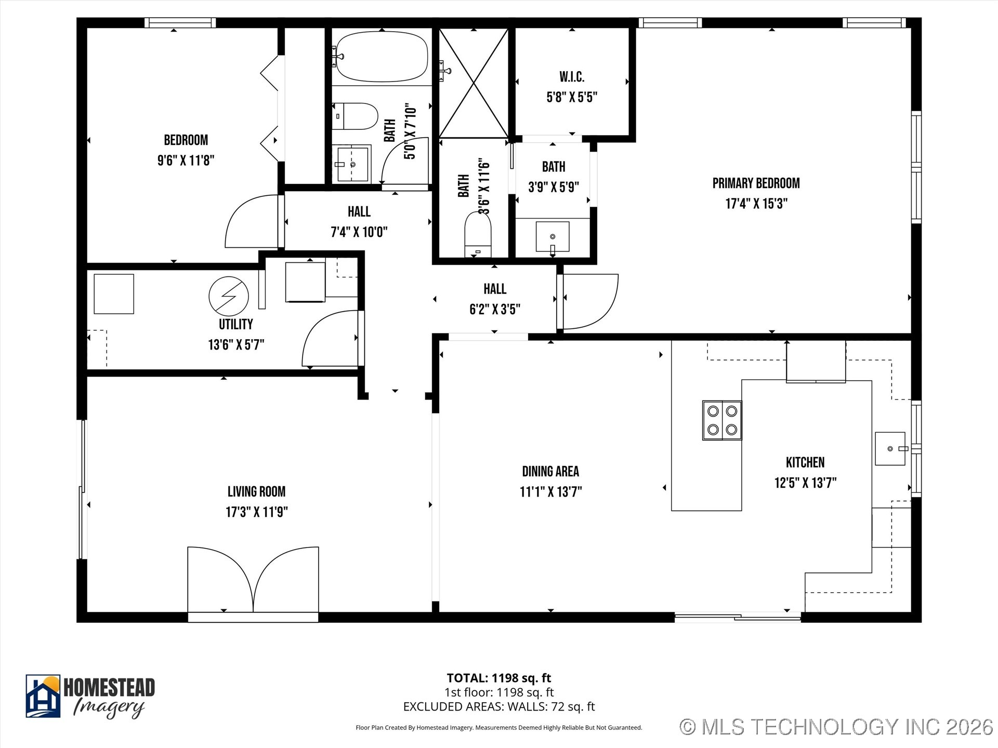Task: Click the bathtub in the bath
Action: point(382,57)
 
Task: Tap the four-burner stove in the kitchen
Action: point(722,420)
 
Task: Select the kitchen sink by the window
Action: point(890,448)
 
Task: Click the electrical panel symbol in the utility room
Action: point(229,296)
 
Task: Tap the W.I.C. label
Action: point(572,77)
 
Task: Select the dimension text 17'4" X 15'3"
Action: point(756,204)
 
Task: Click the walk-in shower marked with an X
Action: point(474,83)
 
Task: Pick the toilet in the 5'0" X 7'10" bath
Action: point(355,116)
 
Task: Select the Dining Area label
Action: point(550,471)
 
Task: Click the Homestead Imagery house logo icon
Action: point(43,696)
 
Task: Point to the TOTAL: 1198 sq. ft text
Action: point(499,678)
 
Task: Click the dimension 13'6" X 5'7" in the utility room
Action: point(236,345)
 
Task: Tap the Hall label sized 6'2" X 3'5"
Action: point(494,289)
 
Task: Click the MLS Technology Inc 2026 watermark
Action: point(836,727)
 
